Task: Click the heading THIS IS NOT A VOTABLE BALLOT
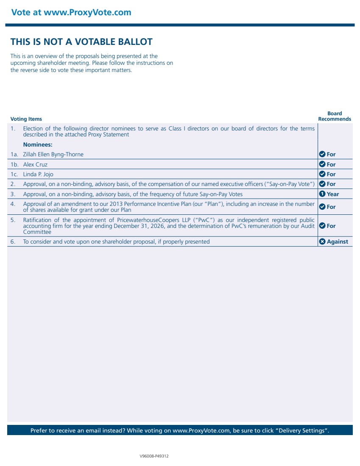point(81,42)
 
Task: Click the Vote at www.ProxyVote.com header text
point(71,12)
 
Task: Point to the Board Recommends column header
point(335,116)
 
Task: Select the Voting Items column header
point(26,119)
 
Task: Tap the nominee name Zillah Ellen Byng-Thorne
point(53,155)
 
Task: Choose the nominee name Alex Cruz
point(35,164)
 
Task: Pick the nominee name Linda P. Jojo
point(38,174)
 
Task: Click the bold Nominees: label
point(38,144)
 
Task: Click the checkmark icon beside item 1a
point(322,154)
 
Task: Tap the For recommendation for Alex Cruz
point(331,164)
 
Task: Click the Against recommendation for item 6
point(337,241)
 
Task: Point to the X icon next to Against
point(322,241)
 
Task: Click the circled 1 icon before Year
point(322,194)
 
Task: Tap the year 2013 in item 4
point(116,204)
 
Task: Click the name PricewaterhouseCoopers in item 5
point(146,220)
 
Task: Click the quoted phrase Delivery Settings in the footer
point(302,430)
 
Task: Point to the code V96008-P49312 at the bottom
point(154,456)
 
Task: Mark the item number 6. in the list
point(13,241)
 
